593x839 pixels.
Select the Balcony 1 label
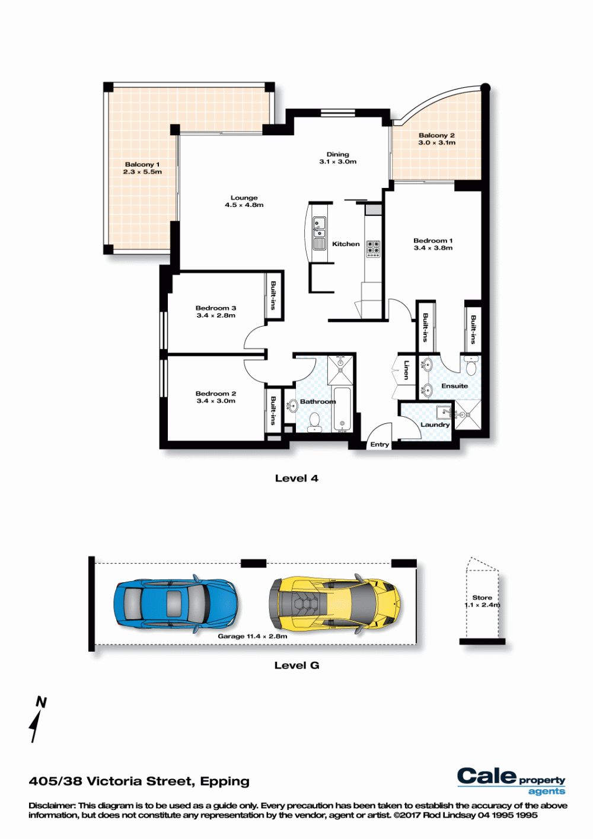(x=142, y=164)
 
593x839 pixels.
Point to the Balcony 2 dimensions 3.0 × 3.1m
(x=437, y=143)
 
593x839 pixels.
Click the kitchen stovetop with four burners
(x=373, y=248)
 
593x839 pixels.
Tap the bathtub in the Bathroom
(x=342, y=409)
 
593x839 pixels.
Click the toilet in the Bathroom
(x=314, y=422)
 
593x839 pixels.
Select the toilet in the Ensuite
(x=470, y=365)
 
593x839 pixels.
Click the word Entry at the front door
(x=380, y=444)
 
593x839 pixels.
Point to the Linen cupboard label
(x=406, y=369)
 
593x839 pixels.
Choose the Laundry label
(x=435, y=425)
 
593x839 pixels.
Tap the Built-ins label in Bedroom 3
(x=273, y=295)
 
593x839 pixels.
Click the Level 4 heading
(x=296, y=478)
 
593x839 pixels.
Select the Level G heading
(x=296, y=665)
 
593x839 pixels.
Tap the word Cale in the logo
(x=487, y=776)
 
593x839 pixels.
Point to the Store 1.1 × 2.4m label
(x=482, y=601)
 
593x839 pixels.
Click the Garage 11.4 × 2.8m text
(x=253, y=636)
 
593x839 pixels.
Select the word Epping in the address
(x=225, y=781)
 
